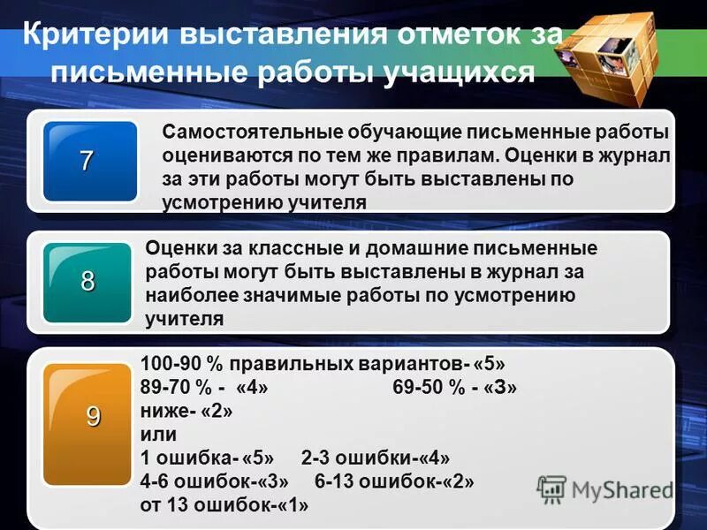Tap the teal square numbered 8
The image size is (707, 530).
point(88,282)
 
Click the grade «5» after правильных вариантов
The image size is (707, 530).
point(490,364)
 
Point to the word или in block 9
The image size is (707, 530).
point(158,435)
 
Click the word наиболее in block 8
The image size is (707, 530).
point(186,295)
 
